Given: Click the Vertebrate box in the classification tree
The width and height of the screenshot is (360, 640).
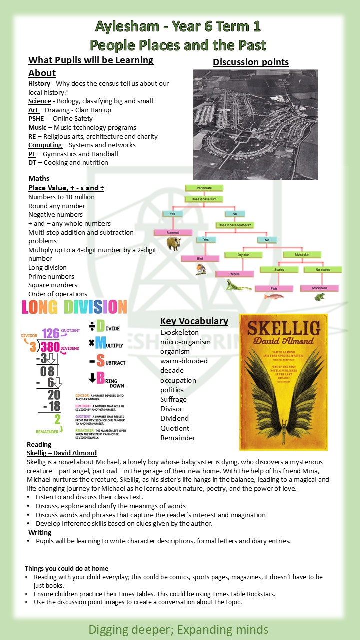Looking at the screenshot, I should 204,188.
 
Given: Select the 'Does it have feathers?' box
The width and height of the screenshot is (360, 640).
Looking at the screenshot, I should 235,225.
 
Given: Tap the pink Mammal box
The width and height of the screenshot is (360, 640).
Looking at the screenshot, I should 173,232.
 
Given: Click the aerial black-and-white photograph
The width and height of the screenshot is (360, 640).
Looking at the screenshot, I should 255,124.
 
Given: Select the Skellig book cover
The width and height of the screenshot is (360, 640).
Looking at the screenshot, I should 283,382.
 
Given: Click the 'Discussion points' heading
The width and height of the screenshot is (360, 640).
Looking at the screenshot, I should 251,62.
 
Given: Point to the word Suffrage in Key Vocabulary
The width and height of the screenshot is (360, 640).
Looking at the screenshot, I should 173,399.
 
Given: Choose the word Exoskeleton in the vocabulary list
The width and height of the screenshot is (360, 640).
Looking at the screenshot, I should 179,332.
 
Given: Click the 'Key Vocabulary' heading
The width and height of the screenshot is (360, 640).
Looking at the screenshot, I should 194,321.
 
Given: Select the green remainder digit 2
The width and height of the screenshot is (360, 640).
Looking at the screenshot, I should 57,419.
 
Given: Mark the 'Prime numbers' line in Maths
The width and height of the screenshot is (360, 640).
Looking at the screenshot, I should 51,276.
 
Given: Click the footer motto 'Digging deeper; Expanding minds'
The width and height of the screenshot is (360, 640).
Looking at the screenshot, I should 178,629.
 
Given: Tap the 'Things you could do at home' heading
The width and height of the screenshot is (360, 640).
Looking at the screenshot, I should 66,568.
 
